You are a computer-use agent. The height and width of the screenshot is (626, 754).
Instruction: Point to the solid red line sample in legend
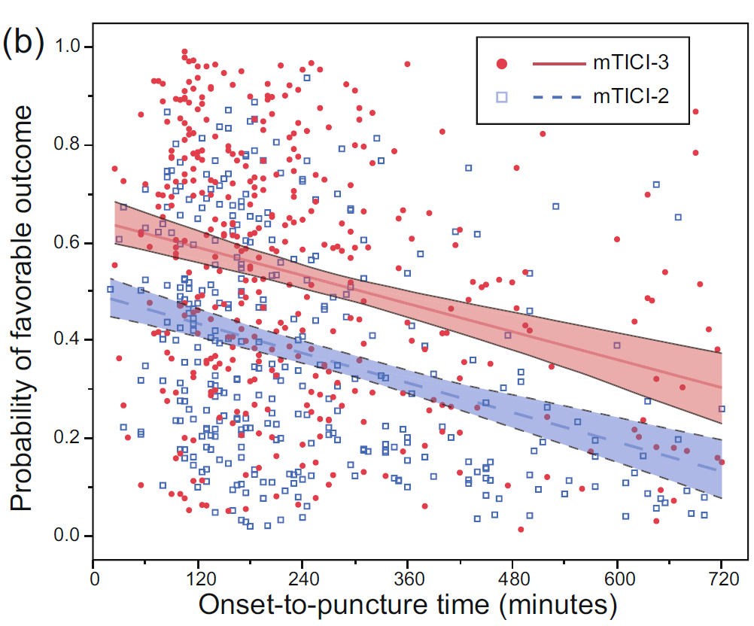(558, 65)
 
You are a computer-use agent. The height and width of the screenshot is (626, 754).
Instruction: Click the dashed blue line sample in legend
(558, 97)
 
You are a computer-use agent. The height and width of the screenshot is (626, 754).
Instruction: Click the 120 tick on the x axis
(197, 581)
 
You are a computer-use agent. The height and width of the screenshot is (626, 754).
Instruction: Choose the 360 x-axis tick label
(407, 581)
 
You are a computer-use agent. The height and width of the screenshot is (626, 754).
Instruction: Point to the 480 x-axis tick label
(512, 581)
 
